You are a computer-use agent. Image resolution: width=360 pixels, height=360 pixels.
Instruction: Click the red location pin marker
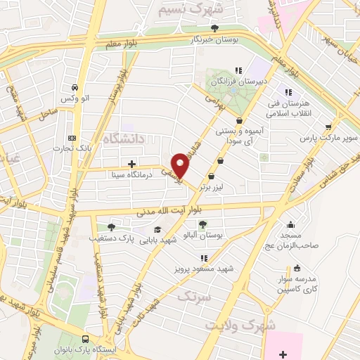click(x=181, y=165)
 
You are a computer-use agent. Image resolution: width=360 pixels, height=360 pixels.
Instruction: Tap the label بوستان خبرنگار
click(x=214, y=40)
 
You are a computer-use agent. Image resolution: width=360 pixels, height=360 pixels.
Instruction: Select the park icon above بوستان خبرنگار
click(x=214, y=28)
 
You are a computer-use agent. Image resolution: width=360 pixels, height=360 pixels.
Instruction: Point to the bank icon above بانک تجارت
click(x=71, y=139)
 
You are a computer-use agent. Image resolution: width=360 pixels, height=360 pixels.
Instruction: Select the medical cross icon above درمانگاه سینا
click(x=131, y=163)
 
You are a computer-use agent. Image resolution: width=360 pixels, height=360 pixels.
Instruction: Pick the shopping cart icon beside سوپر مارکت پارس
click(x=328, y=127)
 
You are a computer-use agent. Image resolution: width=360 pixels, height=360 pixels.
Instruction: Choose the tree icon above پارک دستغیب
click(x=111, y=226)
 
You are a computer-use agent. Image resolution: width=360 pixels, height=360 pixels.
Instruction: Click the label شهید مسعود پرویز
click(x=204, y=269)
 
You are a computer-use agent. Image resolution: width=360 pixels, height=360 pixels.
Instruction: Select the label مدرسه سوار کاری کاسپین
click(x=296, y=283)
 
